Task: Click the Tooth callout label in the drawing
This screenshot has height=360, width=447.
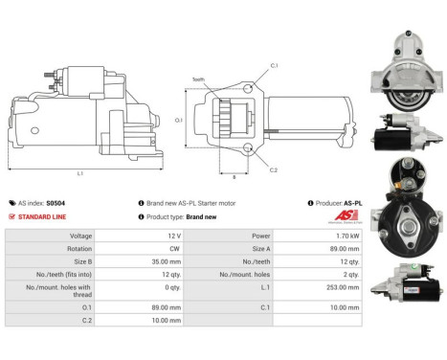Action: point(198,79)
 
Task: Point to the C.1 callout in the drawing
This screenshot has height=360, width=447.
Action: point(273,65)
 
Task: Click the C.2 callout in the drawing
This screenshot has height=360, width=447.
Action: point(273,169)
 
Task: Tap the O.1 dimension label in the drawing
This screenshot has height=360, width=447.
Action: point(178,119)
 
